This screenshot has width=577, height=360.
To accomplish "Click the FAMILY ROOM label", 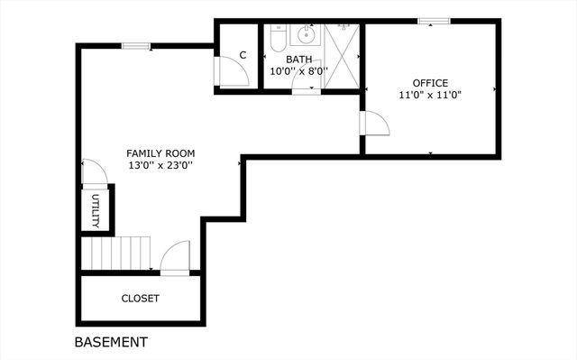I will pos(160,153).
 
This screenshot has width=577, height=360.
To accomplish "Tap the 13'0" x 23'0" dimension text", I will pos(160,166).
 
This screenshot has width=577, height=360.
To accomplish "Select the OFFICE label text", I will pos(430,83).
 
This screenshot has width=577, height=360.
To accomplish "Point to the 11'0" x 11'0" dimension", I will pos(430,95).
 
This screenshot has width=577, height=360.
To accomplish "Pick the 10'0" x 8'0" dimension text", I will pos(298,70).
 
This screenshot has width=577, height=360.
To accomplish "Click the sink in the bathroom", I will pos(307,36).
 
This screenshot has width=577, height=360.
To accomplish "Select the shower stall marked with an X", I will pos(342,56).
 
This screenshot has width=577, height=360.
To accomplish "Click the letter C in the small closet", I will pos(243,56).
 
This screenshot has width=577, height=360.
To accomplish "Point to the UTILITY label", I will pos(96,211).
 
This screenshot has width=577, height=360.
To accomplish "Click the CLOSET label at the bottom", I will pos(140,299).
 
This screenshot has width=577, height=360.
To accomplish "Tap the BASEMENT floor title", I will pos(110,343).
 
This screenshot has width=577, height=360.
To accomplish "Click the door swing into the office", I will pos(373,124).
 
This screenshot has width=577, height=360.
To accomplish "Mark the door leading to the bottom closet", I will pos(175,257).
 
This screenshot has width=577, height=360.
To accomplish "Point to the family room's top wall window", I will pos(136,46).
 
